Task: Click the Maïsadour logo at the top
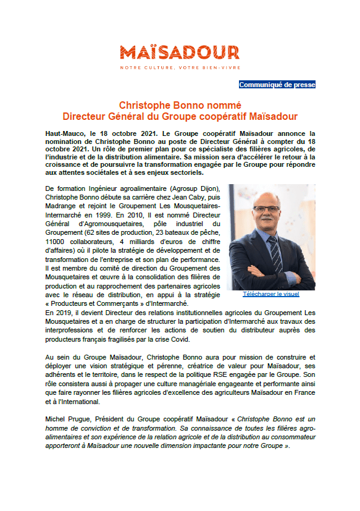pos(180,52)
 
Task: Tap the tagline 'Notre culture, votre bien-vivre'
pos(180,67)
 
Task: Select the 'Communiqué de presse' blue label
pos(277,85)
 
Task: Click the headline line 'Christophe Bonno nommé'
pos(180,105)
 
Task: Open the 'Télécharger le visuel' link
pos(271,295)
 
